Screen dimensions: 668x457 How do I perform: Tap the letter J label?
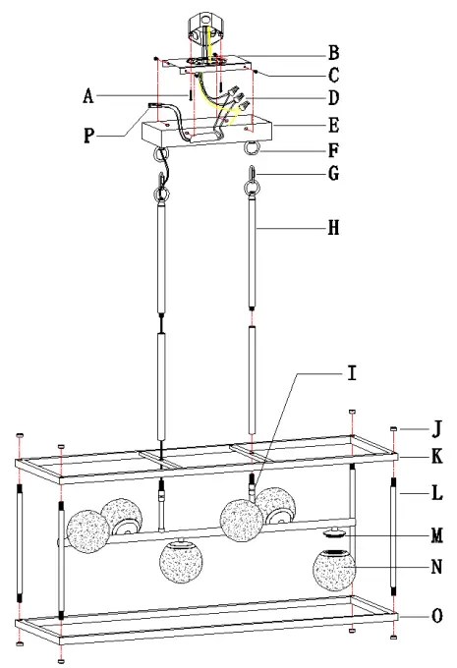pos(436,428)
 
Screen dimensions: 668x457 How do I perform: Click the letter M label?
pos(436,534)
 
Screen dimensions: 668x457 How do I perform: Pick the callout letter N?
pos(436,567)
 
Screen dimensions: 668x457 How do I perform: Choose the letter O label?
pos(436,616)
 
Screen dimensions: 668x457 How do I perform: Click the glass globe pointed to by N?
pos(333,571)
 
